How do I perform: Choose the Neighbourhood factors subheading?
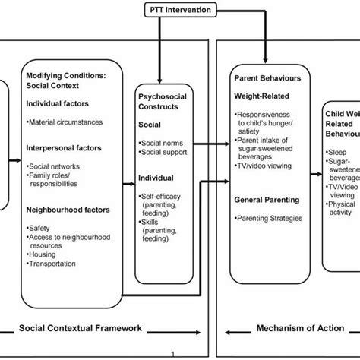(x=67, y=207)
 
